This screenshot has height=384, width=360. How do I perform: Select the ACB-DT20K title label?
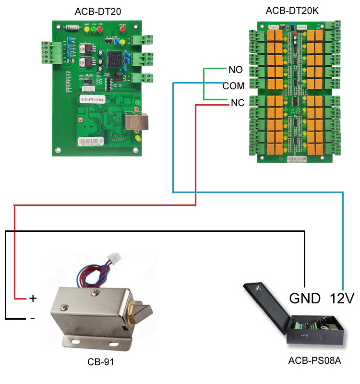coord(292,11)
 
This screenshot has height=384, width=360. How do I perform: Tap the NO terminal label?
coord(235,70)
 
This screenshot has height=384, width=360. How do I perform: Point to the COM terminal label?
coord(233,86)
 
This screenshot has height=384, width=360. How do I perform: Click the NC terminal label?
coord(237,103)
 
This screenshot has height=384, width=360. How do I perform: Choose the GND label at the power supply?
coord(305,299)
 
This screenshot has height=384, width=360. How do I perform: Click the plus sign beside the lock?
coord(33,298)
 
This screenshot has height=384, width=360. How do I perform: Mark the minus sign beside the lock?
coord(32,318)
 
